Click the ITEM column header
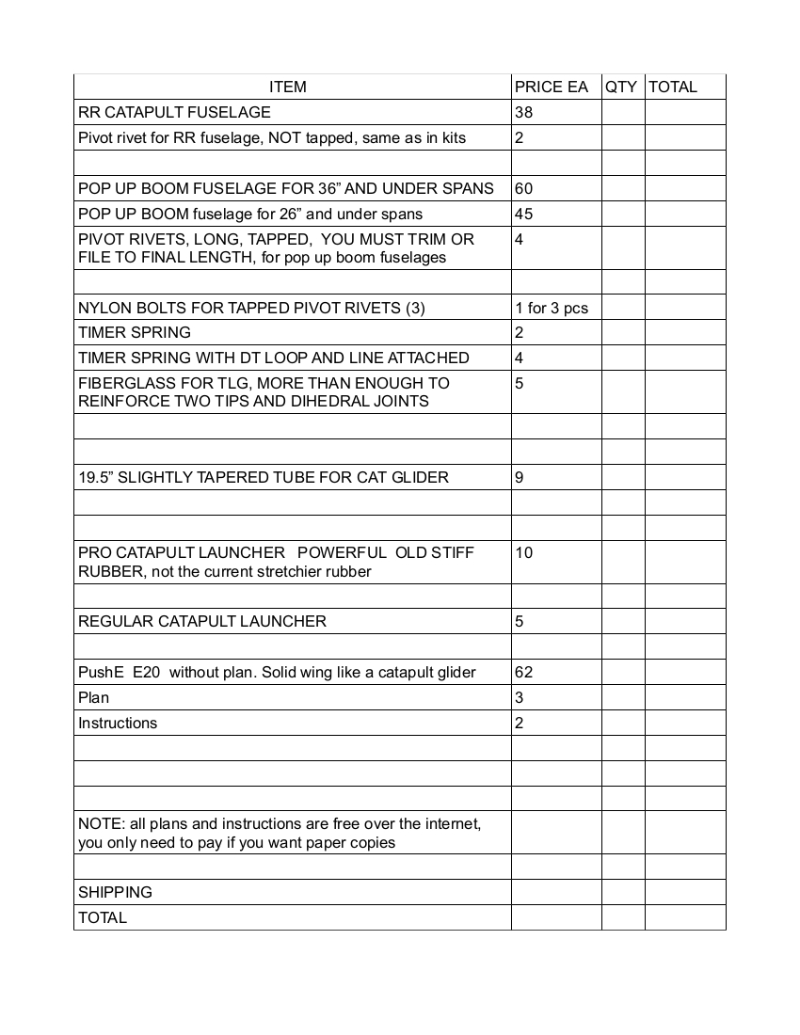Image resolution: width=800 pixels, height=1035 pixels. [x=287, y=88]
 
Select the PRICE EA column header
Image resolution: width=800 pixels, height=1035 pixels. [x=552, y=88]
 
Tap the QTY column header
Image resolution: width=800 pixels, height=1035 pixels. [x=621, y=88]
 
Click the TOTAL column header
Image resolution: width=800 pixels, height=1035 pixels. [x=673, y=88]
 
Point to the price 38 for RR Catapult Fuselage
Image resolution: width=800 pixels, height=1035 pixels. [x=524, y=113]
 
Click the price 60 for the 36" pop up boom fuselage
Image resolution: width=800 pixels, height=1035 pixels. [x=524, y=188]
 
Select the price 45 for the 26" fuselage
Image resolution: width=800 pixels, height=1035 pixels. [x=524, y=214]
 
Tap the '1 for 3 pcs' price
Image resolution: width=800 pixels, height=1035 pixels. [x=552, y=308]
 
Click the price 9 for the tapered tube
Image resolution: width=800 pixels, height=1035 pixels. [x=520, y=477]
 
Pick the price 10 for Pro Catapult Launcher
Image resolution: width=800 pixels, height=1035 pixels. [x=524, y=552]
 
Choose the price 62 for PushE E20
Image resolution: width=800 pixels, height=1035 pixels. [x=524, y=672]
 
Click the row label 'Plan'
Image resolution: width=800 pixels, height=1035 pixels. [x=93, y=697]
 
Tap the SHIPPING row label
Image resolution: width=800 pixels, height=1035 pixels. [x=115, y=892]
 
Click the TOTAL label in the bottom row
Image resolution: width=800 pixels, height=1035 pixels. [x=103, y=917]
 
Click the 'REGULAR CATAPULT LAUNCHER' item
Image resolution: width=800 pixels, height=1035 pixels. [x=202, y=621]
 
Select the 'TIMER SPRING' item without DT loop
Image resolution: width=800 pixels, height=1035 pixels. [x=135, y=332]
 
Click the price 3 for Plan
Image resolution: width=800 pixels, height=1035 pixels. [x=520, y=697]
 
